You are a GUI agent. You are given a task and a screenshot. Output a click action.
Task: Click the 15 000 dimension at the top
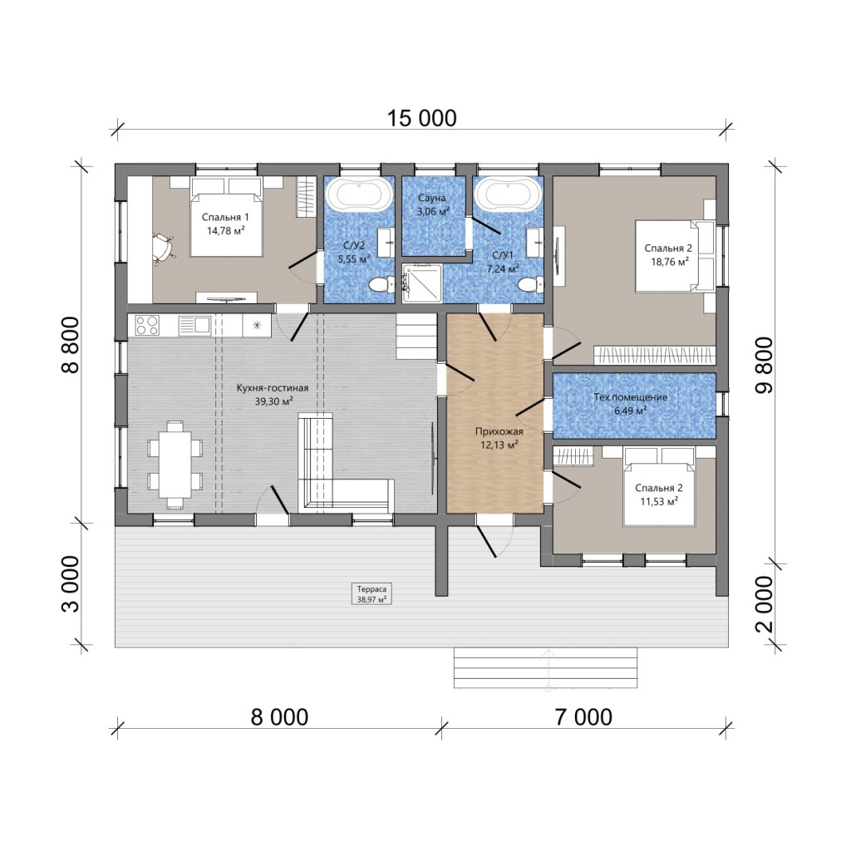421,118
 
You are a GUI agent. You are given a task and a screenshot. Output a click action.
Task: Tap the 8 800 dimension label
71,345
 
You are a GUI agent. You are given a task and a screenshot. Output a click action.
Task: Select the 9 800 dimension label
765,366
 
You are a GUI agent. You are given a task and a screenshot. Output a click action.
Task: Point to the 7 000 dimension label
583,717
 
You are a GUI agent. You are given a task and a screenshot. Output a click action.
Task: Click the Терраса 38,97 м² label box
371,594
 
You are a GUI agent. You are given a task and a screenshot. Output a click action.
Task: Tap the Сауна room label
432,198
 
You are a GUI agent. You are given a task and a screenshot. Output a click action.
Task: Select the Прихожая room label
499,431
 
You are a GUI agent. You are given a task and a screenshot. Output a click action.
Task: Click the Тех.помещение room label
631,397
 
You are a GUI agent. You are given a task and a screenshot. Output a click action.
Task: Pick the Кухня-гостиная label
273,388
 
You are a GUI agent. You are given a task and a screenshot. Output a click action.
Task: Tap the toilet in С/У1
530,284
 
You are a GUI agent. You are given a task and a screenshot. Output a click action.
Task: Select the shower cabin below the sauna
421,283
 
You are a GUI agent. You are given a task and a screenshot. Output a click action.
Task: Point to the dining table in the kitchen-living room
175,464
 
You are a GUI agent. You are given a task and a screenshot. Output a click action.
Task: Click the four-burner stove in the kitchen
147,325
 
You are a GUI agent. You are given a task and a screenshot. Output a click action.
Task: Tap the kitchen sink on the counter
194,325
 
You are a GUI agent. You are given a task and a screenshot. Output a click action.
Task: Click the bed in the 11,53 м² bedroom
659,487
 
